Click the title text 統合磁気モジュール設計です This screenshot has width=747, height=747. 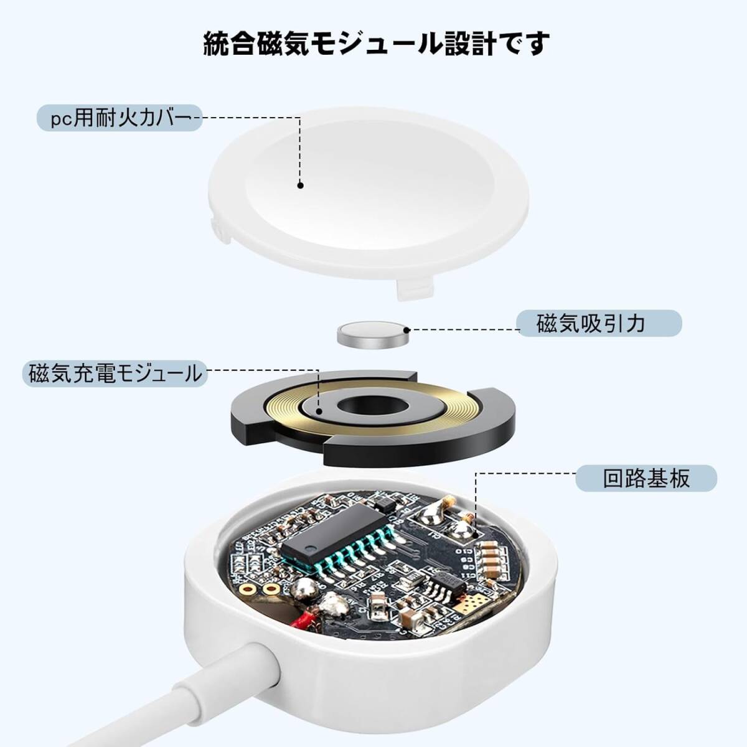[377, 44]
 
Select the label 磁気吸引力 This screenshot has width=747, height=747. [590, 324]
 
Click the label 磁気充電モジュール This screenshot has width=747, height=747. [116, 374]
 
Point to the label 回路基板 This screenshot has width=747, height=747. [646, 478]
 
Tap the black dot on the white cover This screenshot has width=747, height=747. [300, 185]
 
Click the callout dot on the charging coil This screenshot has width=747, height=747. [319, 411]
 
